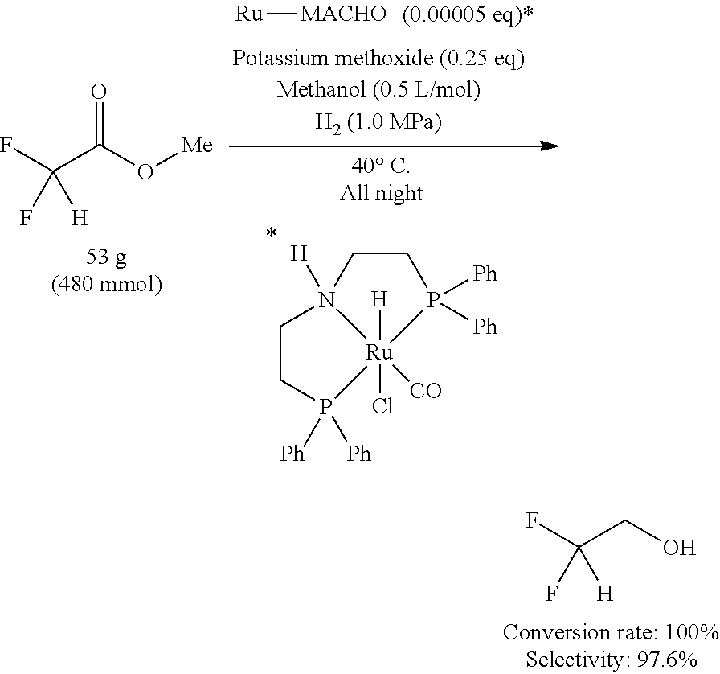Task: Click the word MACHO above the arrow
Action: coord(343,14)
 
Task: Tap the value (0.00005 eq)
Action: coord(463,14)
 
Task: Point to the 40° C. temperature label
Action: coord(381,166)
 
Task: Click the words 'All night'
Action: coord(381,193)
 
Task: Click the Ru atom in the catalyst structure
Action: coord(379,352)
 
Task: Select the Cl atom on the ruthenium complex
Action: coord(382,406)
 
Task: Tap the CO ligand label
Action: coord(426,391)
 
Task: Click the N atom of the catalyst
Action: coord(326,301)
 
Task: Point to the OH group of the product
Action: coord(680,548)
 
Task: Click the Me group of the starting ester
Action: coord(197,146)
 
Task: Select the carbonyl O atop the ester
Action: coord(99,92)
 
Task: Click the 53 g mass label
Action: coord(107,257)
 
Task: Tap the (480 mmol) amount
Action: coord(107,285)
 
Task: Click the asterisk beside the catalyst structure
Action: coord(272,233)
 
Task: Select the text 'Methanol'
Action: coord(321,88)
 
